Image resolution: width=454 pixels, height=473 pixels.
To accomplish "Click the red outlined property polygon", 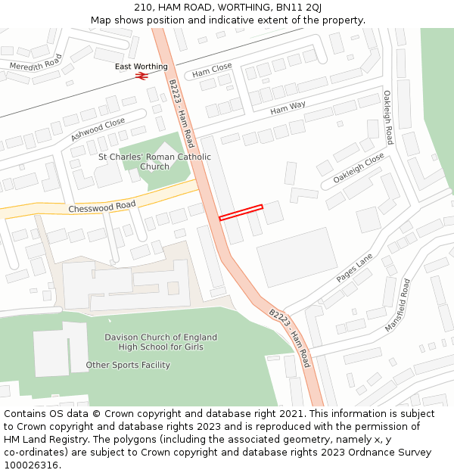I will [x=241, y=213].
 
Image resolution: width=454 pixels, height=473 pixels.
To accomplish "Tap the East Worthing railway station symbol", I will [x=140, y=76].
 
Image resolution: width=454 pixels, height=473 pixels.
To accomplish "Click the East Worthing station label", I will [x=141, y=67].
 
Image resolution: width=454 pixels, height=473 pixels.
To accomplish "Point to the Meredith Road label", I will [x=36, y=61].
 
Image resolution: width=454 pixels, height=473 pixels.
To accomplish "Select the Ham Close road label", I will [x=212, y=70].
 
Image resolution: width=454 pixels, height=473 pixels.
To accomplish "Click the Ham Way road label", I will [x=288, y=109].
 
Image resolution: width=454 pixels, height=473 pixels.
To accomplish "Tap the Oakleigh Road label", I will [x=387, y=117].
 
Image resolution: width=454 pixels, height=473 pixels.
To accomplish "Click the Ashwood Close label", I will [x=98, y=129].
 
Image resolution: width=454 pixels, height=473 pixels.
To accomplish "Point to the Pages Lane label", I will [x=354, y=268].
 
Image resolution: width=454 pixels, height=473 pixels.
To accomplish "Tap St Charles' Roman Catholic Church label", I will [x=155, y=162].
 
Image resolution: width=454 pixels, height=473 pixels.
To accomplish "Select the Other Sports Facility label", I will [x=127, y=365].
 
